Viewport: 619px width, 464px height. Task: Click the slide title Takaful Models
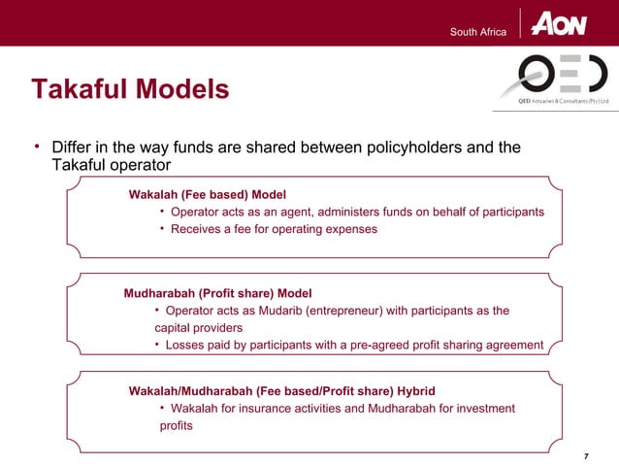click(x=130, y=90)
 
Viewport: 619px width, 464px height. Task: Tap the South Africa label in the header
click(x=478, y=32)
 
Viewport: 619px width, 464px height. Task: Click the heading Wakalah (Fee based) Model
click(x=208, y=193)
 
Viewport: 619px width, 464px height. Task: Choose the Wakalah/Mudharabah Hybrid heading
click(x=282, y=390)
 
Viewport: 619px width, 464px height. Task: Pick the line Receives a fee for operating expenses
click(x=274, y=229)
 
